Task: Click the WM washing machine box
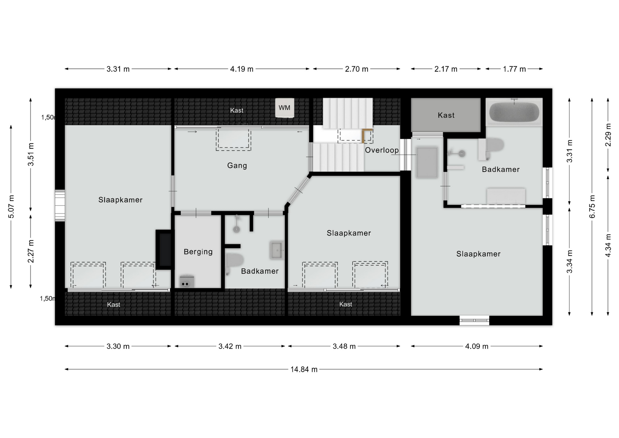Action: pos(284,108)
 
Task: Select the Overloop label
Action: pos(382,150)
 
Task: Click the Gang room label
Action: pos(237,165)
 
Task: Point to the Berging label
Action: pos(198,252)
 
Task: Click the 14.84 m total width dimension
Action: pos(304,369)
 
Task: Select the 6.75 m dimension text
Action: pos(592,206)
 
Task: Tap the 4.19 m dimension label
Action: pos(242,69)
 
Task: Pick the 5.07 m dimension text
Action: pos(11,206)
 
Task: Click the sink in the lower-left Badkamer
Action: pos(277,250)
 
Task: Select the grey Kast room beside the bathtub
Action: pos(446,115)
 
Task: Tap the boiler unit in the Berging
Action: pos(187,281)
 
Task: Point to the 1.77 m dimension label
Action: pos(514,69)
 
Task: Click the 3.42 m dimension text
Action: pos(230,346)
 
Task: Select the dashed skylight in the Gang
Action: pos(233,139)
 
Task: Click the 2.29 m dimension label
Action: pos(608,135)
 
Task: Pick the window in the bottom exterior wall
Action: pos(474,320)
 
